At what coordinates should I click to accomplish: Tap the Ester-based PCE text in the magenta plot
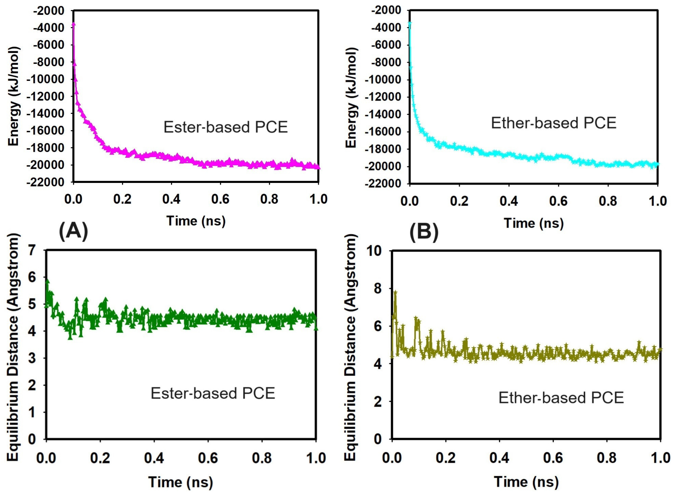tap(226, 127)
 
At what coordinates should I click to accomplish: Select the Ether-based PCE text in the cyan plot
tap(553, 123)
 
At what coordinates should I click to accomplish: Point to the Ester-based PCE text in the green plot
tap(213, 393)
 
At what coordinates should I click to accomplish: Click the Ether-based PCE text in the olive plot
tap(561, 398)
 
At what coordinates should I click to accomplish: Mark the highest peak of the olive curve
tap(395, 292)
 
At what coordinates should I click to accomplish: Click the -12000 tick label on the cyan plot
tap(383, 97)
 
